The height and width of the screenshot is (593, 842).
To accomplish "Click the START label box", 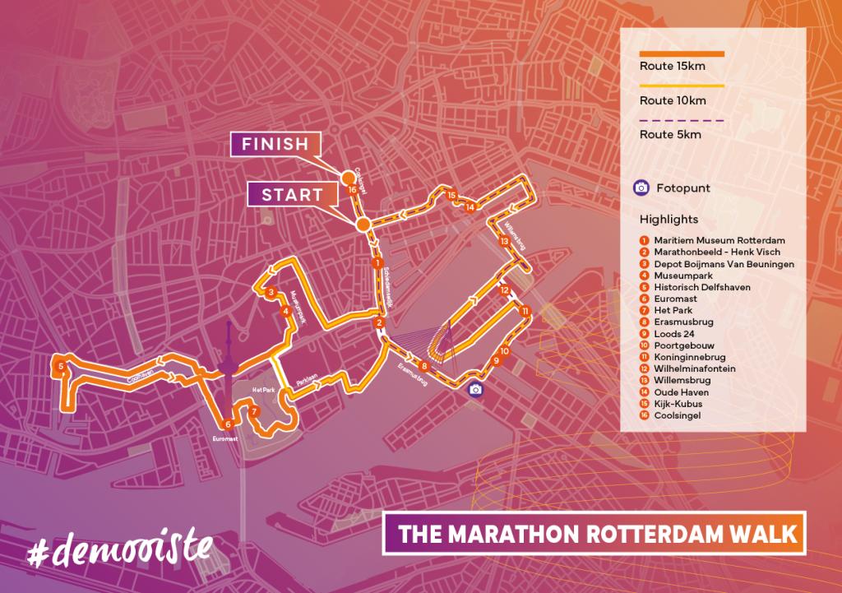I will (292, 195).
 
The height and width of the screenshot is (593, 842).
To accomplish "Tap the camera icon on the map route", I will (474, 390).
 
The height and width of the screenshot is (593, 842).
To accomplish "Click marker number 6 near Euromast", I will (228, 424).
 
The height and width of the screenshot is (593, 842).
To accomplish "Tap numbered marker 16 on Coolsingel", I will (352, 190).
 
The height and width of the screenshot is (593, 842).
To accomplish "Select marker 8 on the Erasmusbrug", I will (423, 366).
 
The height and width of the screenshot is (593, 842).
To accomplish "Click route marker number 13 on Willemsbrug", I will (503, 241).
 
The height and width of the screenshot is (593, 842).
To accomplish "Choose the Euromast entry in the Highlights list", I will (674, 300).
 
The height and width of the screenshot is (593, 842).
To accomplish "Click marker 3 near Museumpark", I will (270, 291).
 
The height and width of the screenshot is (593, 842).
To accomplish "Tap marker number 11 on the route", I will (524, 311).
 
